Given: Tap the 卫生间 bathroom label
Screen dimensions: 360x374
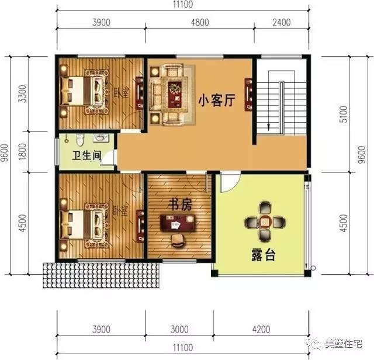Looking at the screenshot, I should click(x=86, y=156).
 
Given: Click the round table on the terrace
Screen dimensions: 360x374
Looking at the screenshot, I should click(x=266, y=221).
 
